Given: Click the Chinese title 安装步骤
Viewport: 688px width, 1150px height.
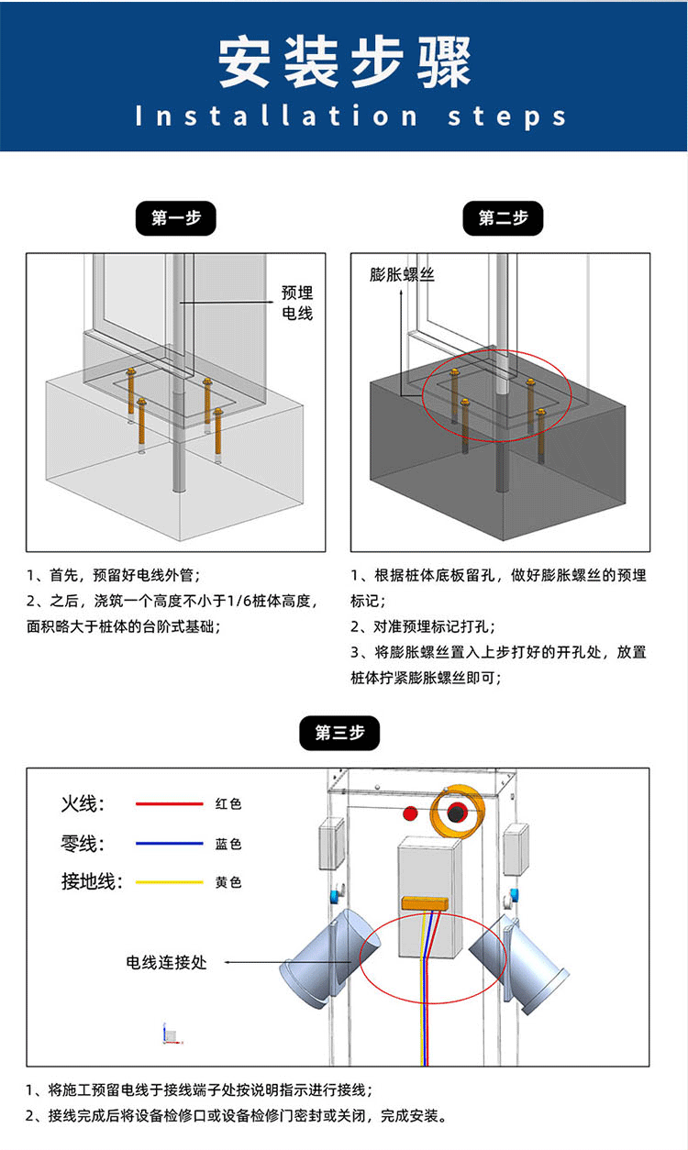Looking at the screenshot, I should pyautogui.click(x=344, y=62).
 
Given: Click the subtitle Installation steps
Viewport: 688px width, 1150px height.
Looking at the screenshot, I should pyautogui.click(x=351, y=116).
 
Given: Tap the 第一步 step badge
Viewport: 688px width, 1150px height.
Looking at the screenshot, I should pyautogui.click(x=175, y=218).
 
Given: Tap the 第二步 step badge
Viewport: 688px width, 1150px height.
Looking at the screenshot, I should pyautogui.click(x=504, y=218).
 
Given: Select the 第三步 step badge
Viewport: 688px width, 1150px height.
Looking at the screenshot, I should pyautogui.click(x=339, y=733).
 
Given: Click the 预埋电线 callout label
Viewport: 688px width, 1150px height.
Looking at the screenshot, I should pyautogui.click(x=296, y=303).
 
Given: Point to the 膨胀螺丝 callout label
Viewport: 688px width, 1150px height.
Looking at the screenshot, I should pyautogui.click(x=402, y=274).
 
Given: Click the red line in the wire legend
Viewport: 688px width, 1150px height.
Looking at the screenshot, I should pyautogui.click(x=169, y=804).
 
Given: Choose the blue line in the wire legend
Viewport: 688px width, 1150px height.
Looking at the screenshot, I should pyautogui.click(x=169, y=844).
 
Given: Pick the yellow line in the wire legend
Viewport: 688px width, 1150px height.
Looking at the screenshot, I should pyautogui.click(x=169, y=882).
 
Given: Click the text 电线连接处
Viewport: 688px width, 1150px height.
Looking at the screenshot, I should pyautogui.click(x=166, y=962).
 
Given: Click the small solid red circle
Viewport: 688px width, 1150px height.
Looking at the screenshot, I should pyautogui.click(x=410, y=813).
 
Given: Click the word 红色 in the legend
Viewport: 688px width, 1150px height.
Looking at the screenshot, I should pyautogui.click(x=228, y=804).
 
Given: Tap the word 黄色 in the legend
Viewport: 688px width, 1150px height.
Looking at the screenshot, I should pyautogui.click(x=228, y=882).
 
